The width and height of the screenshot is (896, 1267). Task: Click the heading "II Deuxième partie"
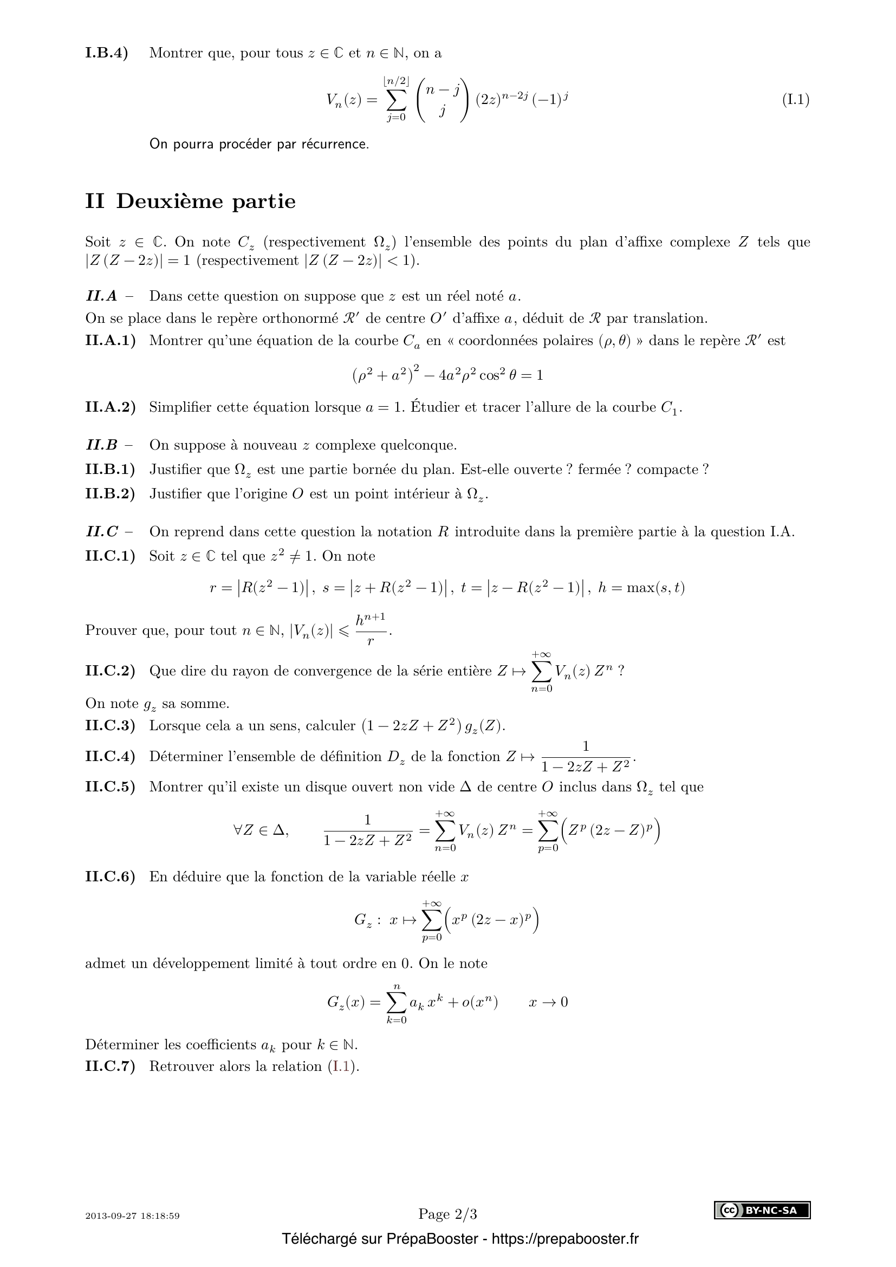click(190, 202)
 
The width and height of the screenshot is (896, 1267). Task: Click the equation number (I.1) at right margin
click(796, 100)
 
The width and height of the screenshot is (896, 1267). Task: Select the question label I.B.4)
click(107, 53)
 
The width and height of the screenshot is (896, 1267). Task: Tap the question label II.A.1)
click(111, 341)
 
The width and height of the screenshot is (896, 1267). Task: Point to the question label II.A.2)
click(111, 407)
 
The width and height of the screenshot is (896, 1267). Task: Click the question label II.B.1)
click(111, 470)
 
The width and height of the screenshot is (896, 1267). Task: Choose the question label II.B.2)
click(111, 494)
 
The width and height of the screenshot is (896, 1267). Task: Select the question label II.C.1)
click(111, 556)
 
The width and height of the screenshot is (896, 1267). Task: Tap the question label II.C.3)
click(111, 725)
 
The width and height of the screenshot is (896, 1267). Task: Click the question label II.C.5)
click(111, 787)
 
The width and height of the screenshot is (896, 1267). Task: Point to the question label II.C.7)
click(111, 1067)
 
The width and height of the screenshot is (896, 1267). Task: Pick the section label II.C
click(102, 532)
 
